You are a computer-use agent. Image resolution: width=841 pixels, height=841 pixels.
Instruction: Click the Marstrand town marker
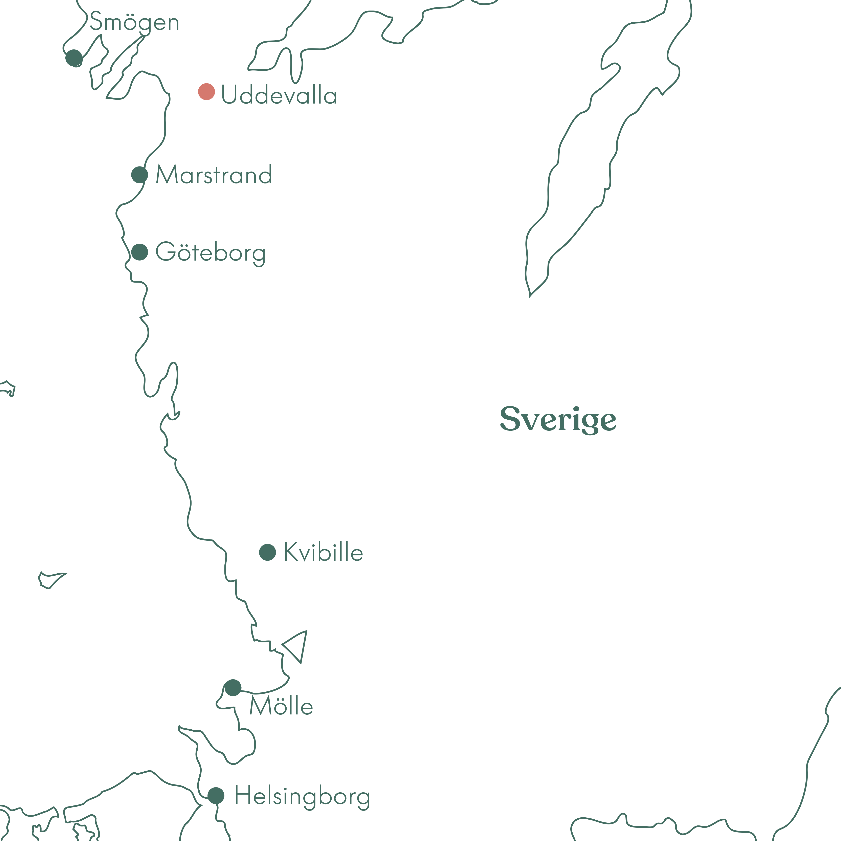(x=139, y=175)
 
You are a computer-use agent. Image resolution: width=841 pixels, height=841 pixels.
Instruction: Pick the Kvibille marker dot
(x=267, y=552)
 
